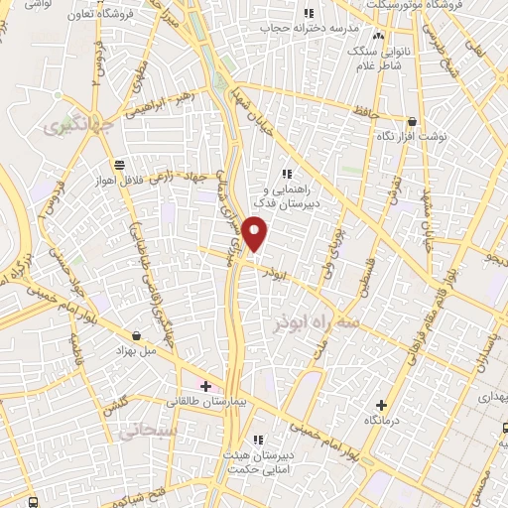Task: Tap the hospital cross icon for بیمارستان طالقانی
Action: pyautogui.click(x=206, y=386)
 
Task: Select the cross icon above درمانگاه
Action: pyautogui.click(x=381, y=405)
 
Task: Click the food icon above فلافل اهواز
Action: pyautogui.click(x=118, y=165)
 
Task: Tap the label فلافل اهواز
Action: pyautogui.click(x=117, y=182)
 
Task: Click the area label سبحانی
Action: pyautogui.click(x=136, y=433)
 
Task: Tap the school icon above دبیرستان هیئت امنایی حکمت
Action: pyautogui.click(x=258, y=439)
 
